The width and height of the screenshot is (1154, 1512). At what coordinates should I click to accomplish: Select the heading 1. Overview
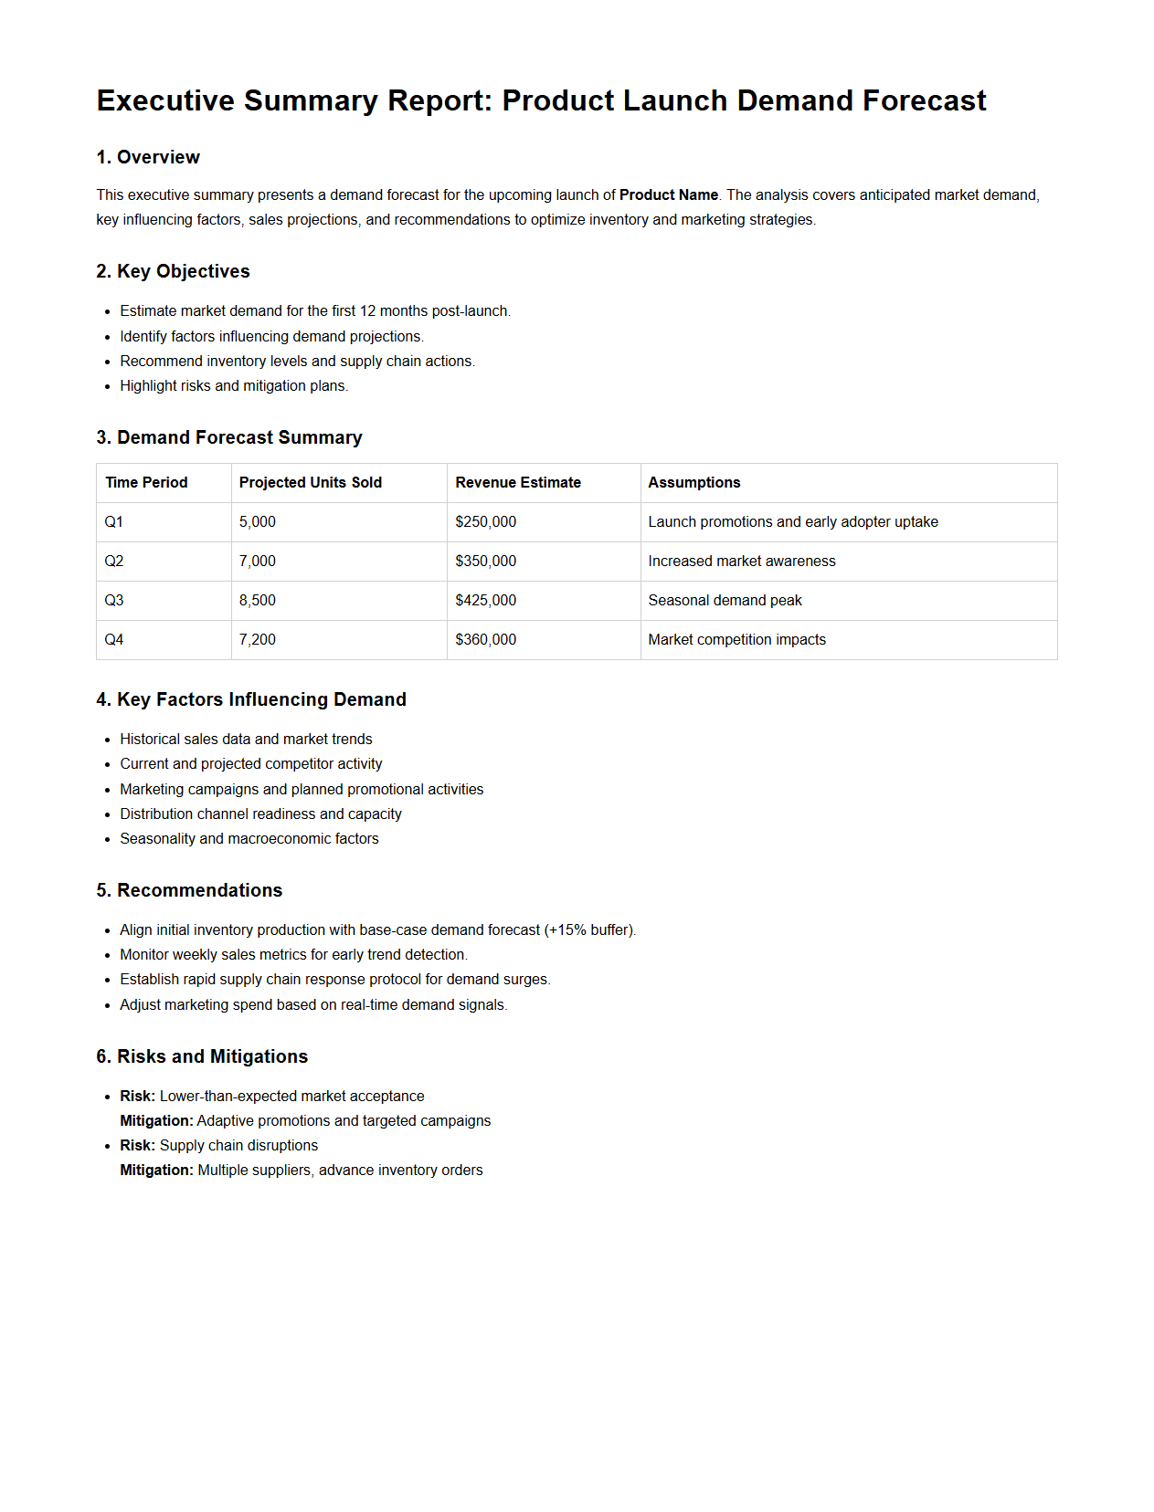148,157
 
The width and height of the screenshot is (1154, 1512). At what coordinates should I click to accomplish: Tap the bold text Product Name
668,194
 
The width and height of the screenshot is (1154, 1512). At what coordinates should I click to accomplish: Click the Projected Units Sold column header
311,482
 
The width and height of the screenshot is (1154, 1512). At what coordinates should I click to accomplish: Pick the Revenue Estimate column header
518,482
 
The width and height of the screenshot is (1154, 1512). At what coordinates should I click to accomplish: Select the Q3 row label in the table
114,600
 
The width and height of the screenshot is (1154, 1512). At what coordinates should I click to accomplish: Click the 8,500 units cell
258,600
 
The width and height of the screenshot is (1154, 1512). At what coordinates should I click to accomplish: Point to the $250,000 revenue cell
486,521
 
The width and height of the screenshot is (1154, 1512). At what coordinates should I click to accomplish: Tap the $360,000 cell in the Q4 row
486,639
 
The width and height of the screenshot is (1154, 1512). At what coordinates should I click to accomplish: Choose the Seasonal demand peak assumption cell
725,600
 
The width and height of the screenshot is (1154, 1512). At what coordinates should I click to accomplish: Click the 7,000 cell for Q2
258,561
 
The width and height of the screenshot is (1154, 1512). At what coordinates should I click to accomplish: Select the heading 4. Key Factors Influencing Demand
251,699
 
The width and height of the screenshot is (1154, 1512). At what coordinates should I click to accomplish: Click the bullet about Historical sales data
246,739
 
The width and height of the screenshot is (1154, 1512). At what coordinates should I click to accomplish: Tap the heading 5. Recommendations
189,890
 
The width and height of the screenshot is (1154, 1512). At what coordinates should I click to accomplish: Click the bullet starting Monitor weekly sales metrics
293,954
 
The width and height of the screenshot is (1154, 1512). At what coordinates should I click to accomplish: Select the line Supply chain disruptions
238,1145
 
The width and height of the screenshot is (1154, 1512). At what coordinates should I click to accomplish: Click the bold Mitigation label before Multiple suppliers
156,1170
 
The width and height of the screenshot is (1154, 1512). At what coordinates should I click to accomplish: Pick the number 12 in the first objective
367,310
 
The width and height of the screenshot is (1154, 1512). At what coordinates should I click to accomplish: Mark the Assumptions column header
694,482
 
